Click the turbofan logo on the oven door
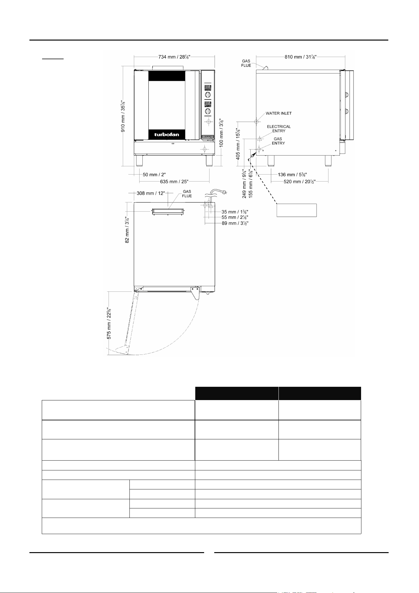click(x=167, y=134)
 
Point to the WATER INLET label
click(x=278, y=113)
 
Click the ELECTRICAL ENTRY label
click(x=279, y=129)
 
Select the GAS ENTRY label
click(x=278, y=141)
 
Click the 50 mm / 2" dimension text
click(x=154, y=174)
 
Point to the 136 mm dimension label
click(x=292, y=174)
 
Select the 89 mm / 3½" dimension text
click(x=235, y=223)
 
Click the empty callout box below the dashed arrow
click(x=297, y=210)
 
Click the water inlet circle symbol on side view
click(x=256, y=121)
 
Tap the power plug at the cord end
click(x=225, y=191)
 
